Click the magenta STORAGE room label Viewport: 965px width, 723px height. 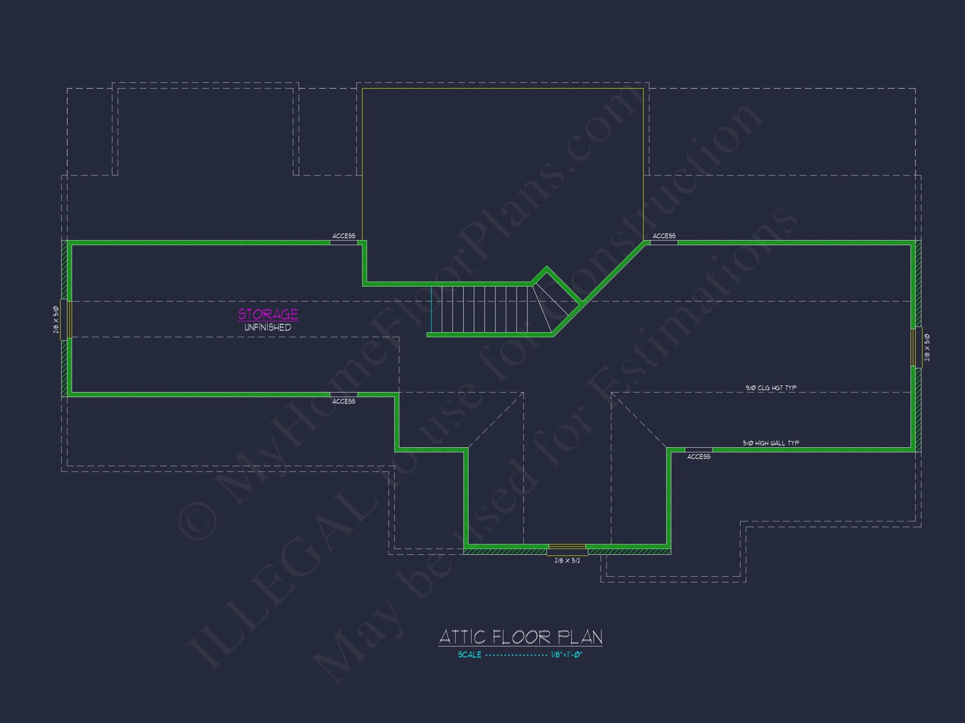pyautogui.click(x=268, y=314)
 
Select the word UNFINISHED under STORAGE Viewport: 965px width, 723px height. pyautogui.click(x=268, y=327)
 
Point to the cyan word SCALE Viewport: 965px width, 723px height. pyautogui.click(x=470, y=654)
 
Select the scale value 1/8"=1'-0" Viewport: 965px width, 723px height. pyautogui.click(x=567, y=654)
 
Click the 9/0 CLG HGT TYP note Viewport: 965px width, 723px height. pyautogui.click(x=771, y=387)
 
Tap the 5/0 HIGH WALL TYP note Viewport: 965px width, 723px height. pyautogui.click(x=771, y=443)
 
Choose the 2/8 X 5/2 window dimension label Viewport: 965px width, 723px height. pyautogui.click(x=567, y=560)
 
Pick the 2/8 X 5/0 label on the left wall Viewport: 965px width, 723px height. pyautogui.click(x=56, y=320)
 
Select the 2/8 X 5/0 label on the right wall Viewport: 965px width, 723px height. pyautogui.click(x=927, y=347)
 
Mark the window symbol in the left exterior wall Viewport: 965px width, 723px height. pyautogui.click(x=66, y=319)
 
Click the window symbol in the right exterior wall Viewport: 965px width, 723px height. pyautogui.click(x=916, y=347)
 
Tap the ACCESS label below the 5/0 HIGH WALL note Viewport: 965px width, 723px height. pyautogui.click(x=699, y=456)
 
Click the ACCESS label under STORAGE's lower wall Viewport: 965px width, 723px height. pyautogui.click(x=344, y=401)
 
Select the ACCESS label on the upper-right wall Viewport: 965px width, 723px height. pyautogui.click(x=664, y=236)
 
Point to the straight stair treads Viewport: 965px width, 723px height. pyautogui.click(x=480, y=310)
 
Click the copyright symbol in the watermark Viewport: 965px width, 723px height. pyautogui.click(x=197, y=521)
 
